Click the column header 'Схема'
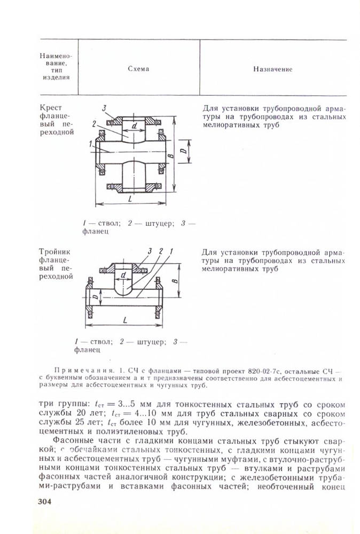point(138,69)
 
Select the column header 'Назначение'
point(273,69)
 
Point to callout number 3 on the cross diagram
point(105,108)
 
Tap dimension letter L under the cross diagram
point(131,198)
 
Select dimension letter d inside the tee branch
point(123,275)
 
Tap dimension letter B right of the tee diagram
point(175,279)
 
